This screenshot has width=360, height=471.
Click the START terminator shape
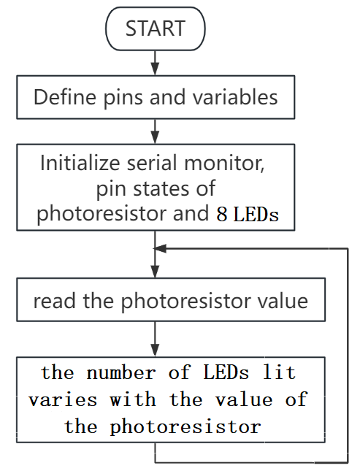156,28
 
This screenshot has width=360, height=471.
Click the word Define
64,97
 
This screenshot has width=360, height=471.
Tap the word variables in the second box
235,97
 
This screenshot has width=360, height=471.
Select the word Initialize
80,163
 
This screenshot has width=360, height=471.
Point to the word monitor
224,164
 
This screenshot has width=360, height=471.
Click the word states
162,189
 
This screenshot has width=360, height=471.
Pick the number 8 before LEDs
222,215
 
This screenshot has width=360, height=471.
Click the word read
54,301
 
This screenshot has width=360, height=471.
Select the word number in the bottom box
121,372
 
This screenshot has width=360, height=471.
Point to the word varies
63,400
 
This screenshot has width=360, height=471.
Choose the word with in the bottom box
133,399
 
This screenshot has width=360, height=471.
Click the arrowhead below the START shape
155,69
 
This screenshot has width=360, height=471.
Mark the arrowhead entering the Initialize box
155,137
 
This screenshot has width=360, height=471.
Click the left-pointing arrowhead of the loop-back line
160,248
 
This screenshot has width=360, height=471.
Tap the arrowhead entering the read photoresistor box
155,272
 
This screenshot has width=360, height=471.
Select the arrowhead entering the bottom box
155,351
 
